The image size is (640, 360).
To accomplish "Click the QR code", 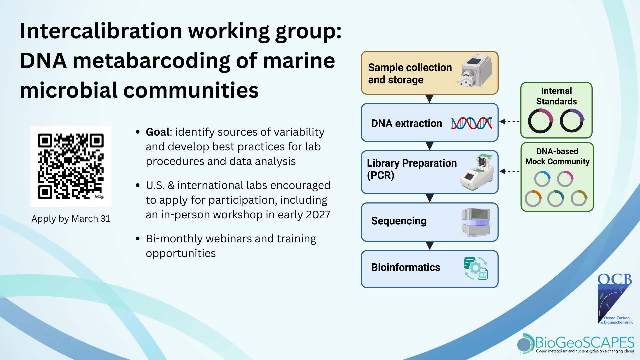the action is point(71,166).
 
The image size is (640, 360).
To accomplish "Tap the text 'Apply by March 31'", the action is point(71,219).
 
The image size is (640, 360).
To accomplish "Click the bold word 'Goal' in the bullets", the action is point(158,132).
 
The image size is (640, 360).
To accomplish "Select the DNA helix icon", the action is point(471,123).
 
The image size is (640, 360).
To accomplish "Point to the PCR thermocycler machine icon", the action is point(477,172).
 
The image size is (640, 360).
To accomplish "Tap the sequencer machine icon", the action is point(476,222).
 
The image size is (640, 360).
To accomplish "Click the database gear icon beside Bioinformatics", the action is point(476,268).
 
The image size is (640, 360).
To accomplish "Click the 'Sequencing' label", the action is point(399,221).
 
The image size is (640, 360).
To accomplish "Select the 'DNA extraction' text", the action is point(407,123).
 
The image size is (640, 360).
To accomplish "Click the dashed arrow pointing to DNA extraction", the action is point(510,122).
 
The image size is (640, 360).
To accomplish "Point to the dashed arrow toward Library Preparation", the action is point(510,171).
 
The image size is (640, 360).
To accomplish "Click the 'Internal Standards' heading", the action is point(556,96).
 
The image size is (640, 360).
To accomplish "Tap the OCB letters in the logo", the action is point(614,280).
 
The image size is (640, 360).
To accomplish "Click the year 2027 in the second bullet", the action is point(318,215).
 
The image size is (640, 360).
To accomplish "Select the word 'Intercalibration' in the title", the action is point(101,31).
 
